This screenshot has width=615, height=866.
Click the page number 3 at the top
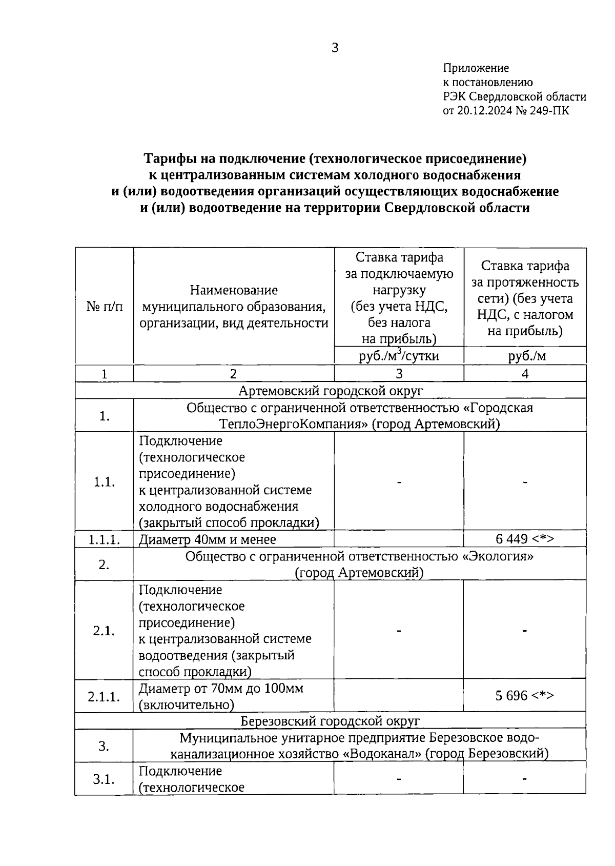(335, 48)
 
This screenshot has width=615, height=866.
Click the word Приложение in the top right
(476, 68)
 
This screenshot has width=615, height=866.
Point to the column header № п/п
(105, 307)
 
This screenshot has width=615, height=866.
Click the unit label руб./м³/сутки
(399, 355)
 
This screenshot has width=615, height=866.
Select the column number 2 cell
(233, 373)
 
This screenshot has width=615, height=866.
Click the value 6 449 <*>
(524, 539)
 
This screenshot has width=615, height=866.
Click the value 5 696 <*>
(524, 695)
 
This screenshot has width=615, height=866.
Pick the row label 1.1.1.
(104, 539)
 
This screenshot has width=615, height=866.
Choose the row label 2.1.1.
(104, 696)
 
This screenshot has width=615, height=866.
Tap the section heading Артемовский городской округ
(331, 391)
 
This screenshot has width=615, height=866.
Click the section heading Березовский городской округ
(330, 721)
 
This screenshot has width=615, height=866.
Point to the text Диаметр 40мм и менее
(207, 539)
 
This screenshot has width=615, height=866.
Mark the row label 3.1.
(104, 779)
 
